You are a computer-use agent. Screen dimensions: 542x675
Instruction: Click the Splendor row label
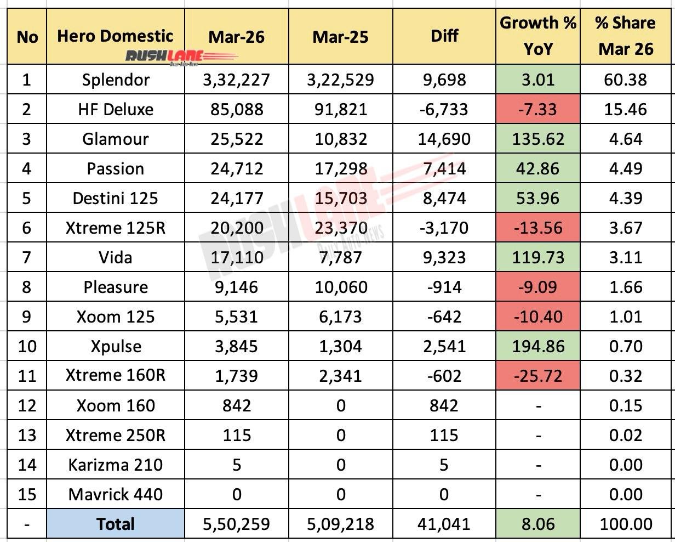tap(116, 80)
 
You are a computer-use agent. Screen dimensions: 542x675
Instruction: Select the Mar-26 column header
tap(236, 37)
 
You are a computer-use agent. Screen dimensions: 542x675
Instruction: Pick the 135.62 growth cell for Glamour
tap(537, 139)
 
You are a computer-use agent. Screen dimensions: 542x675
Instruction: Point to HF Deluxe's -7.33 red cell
tap(537, 109)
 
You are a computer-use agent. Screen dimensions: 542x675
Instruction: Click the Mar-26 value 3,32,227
tap(236, 80)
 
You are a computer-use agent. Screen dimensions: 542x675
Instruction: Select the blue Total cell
tap(116, 524)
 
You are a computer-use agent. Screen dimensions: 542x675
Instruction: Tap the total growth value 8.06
tap(537, 524)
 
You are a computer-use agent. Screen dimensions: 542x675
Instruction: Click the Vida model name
tap(116, 257)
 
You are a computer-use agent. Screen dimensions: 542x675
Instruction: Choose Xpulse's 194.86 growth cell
tap(537, 346)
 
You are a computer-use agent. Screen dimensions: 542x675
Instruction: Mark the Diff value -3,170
tap(444, 228)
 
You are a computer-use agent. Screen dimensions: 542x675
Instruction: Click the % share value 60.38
tap(626, 80)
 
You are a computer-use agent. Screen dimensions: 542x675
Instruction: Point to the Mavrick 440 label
tap(116, 494)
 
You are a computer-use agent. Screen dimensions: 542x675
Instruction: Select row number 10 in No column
tap(27, 346)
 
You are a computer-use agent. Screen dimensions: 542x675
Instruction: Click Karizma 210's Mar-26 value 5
tap(236, 465)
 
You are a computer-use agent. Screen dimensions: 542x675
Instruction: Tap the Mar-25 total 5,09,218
tap(340, 524)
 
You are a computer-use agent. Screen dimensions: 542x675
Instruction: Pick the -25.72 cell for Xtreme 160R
tap(537, 376)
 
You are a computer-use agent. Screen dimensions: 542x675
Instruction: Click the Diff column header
tap(444, 37)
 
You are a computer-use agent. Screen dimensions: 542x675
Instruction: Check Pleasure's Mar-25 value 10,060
tap(340, 287)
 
